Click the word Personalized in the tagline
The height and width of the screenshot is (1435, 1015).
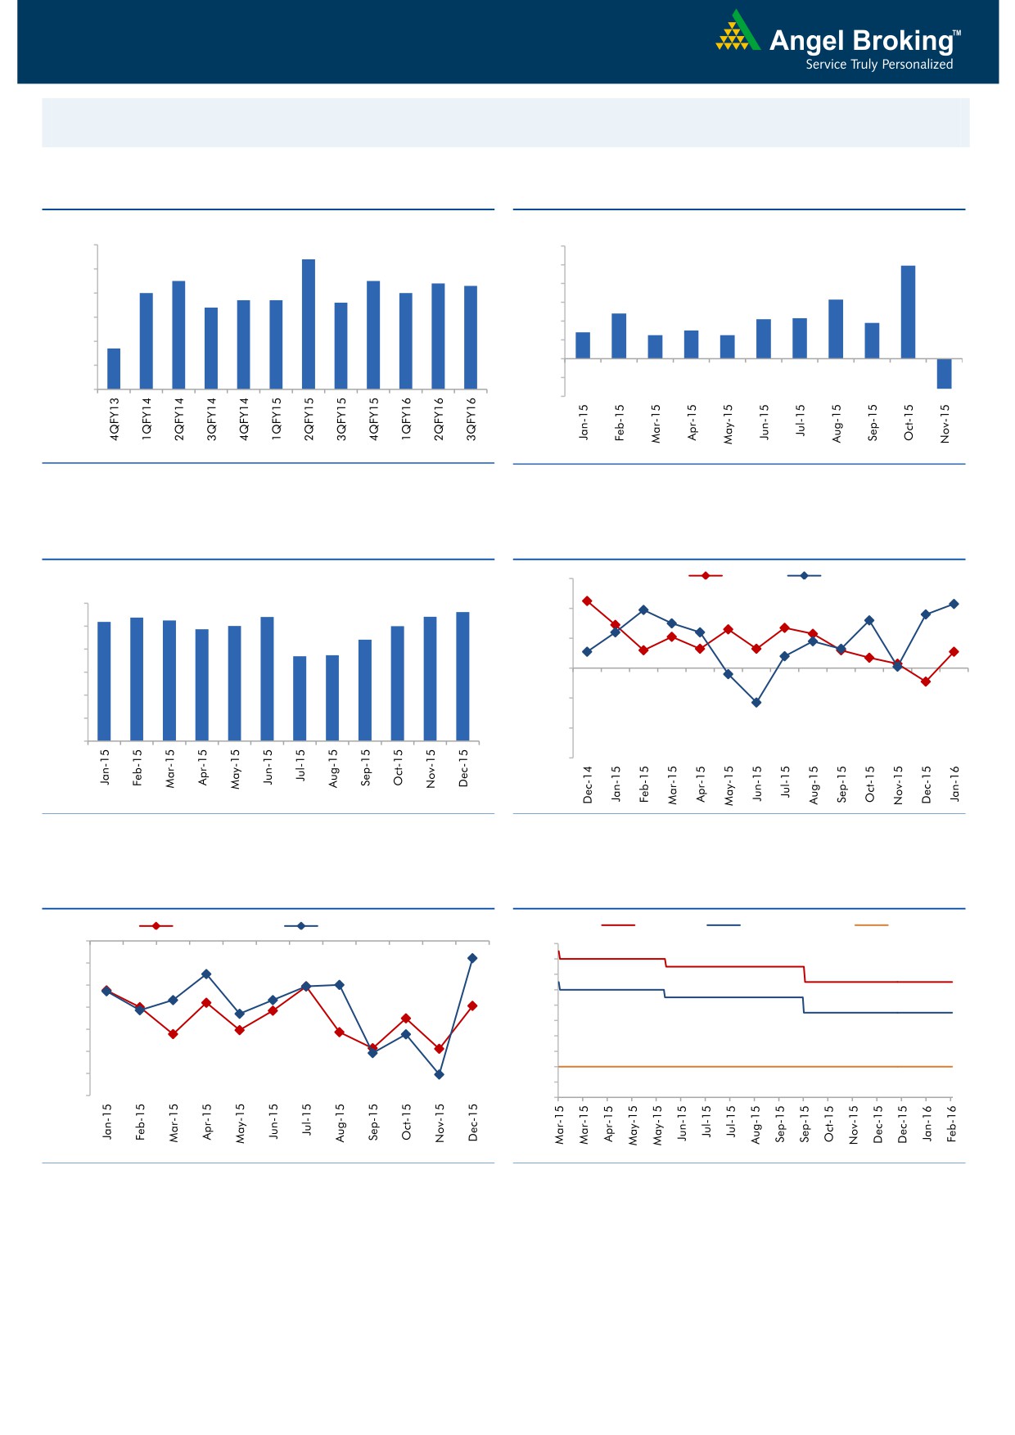coord(917,65)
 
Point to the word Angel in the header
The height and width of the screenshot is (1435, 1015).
coord(807,41)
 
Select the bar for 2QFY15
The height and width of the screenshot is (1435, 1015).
coord(309,324)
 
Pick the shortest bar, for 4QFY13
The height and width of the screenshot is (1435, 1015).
coord(114,368)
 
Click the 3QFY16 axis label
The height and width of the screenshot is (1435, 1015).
coord(471,419)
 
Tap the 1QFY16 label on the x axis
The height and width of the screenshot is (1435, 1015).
coord(406,419)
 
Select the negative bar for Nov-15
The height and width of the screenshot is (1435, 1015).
coord(944,373)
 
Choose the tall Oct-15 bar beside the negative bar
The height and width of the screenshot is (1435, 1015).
coord(908,312)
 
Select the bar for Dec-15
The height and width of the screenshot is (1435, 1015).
coord(462,677)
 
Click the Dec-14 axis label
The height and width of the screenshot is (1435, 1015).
coord(588,785)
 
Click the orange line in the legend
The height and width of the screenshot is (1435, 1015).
coord(871,925)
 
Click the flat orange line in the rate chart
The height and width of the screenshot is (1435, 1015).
coord(753,1067)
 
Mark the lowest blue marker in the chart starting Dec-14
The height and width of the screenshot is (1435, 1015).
coord(756,702)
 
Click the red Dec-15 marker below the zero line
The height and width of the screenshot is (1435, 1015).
coord(926,682)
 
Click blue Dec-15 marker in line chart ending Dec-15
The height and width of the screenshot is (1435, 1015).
coord(472,958)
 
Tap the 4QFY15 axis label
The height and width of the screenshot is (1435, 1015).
coord(373,419)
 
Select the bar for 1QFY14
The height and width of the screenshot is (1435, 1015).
coord(147,340)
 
